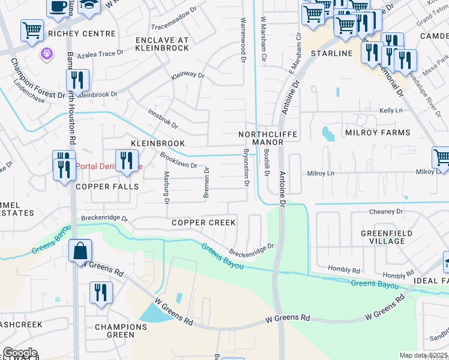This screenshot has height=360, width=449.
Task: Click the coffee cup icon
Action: (58, 7)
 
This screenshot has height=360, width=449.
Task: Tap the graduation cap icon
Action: (89, 5)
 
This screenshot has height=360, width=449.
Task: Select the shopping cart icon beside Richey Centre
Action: (32, 30)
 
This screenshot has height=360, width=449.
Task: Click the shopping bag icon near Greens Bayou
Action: (80, 250)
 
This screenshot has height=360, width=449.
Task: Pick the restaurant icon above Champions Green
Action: (101, 293)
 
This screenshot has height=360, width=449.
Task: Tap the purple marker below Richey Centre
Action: (46, 55)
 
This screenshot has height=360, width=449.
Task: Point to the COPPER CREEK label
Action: (203, 223)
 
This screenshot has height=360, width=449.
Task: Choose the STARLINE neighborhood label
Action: (331, 53)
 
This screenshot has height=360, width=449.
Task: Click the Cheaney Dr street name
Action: (386, 211)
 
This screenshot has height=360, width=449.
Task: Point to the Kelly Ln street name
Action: (391, 111)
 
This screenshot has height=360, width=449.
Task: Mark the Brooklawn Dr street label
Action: (178, 160)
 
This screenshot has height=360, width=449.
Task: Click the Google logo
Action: (19, 353)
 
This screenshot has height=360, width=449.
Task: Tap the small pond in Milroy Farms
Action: (328, 133)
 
